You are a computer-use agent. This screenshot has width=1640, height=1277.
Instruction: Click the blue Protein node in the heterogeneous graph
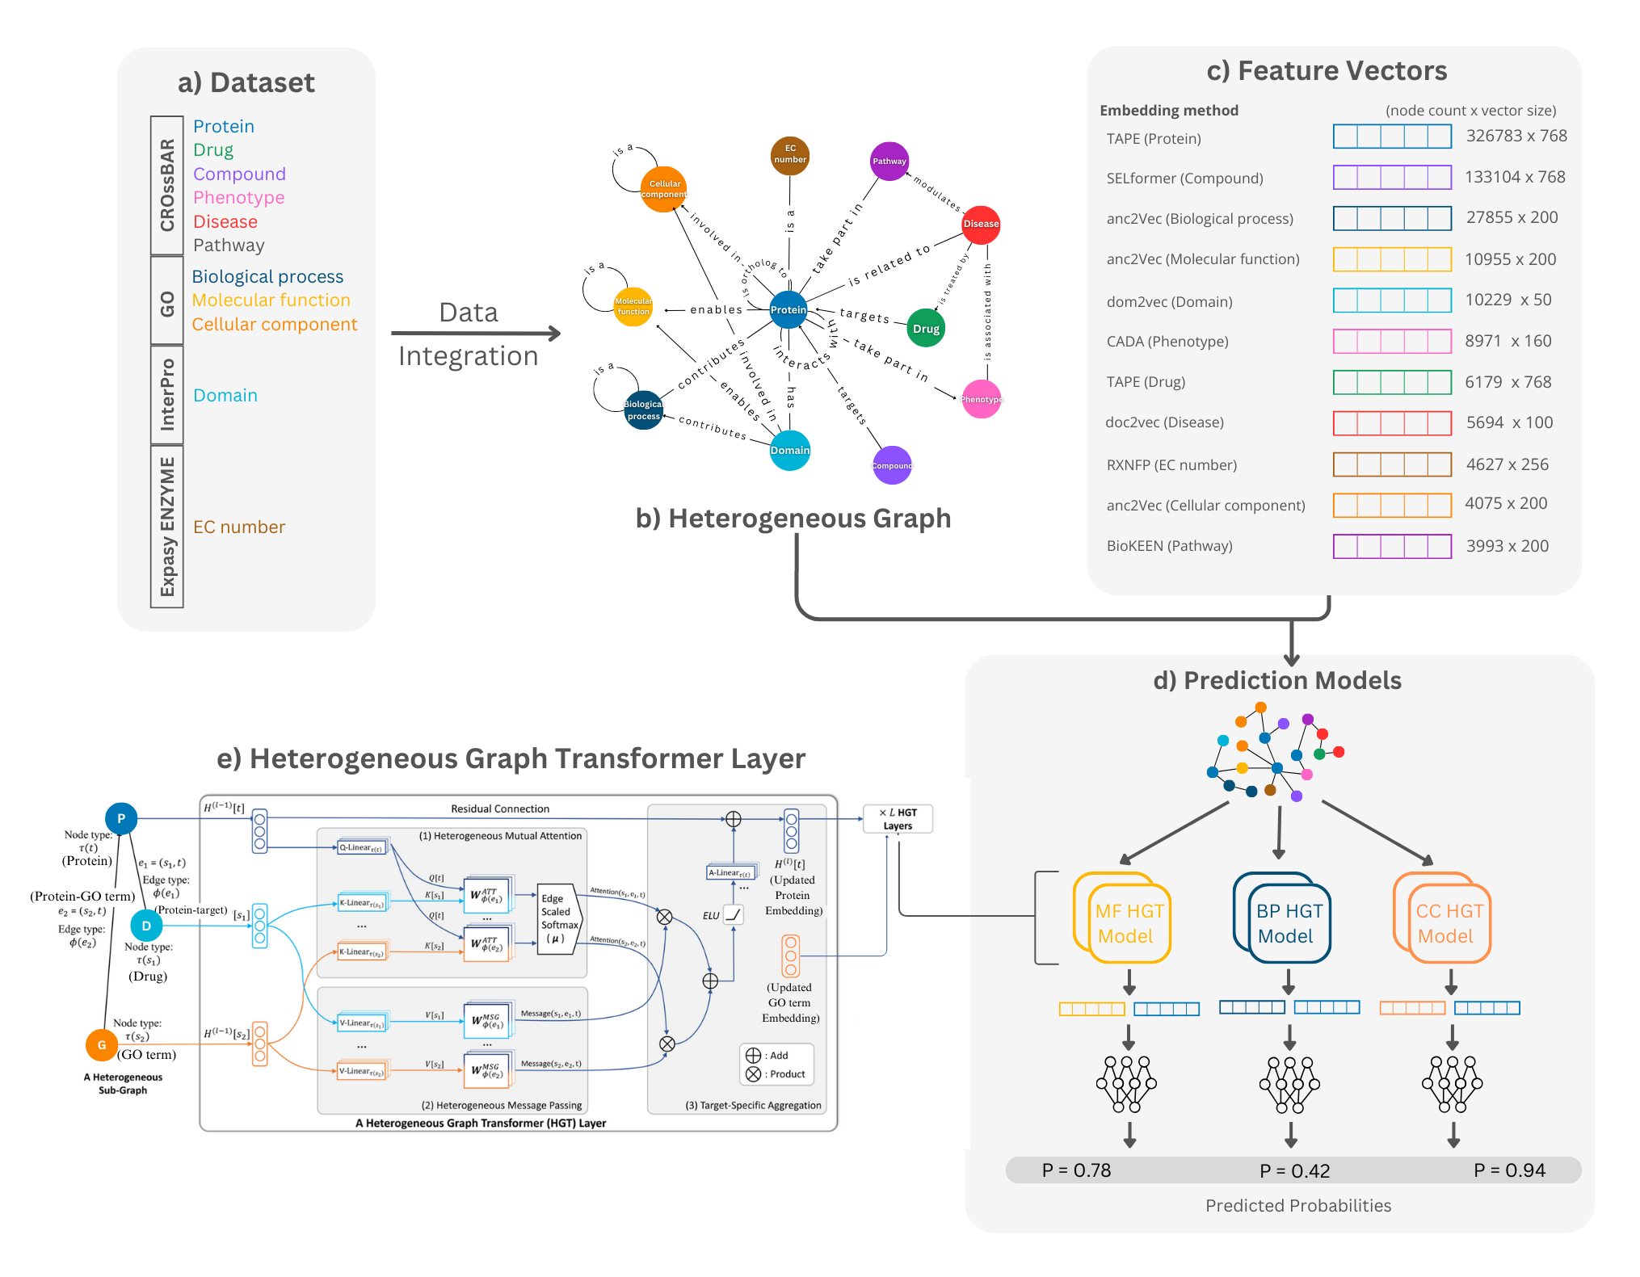(788, 310)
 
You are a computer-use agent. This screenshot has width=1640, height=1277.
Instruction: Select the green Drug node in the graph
(926, 329)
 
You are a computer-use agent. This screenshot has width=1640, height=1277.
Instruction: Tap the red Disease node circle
(981, 225)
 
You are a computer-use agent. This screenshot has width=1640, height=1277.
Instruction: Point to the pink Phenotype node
(981, 399)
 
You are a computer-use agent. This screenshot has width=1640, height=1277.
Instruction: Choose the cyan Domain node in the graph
(789, 451)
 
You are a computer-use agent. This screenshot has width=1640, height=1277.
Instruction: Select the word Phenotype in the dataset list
(238, 198)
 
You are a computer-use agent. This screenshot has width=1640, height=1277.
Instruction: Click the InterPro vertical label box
(167, 394)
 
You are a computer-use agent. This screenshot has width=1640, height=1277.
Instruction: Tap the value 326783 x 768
(1516, 136)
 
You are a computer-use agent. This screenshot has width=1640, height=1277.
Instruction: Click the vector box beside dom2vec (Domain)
(1391, 300)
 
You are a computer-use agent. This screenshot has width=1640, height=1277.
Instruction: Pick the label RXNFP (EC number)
(1171, 465)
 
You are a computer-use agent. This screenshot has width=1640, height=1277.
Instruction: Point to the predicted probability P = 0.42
(1294, 1170)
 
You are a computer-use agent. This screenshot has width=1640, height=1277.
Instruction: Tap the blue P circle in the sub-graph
(121, 818)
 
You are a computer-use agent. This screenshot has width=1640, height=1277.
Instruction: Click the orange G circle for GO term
(102, 1044)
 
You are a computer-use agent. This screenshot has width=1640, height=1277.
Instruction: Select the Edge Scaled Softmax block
(559, 919)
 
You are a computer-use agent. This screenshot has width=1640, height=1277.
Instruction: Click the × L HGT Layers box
(898, 818)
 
